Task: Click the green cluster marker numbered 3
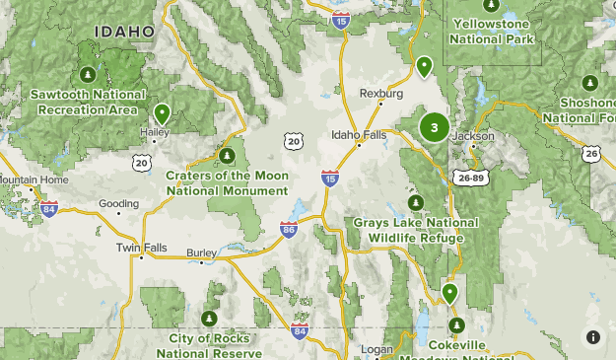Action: click(434, 127)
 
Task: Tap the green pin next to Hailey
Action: click(162, 113)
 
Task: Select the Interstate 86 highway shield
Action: click(289, 231)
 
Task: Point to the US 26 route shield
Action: click(590, 153)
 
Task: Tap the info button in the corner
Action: click(593, 337)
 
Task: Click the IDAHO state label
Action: click(124, 33)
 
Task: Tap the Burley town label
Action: click(201, 252)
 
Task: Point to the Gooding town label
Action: click(119, 204)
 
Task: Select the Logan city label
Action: click(377, 350)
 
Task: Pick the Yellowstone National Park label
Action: click(492, 31)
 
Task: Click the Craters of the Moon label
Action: click(227, 183)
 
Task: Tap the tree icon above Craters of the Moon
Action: click(227, 156)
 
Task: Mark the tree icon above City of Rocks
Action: click(209, 319)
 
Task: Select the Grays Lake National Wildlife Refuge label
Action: click(415, 230)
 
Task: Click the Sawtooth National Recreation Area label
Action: click(87, 102)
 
